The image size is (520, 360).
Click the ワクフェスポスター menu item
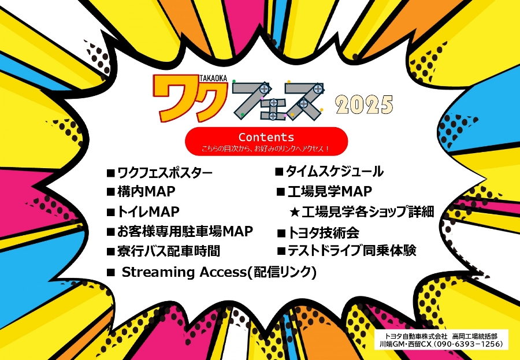point(159,173)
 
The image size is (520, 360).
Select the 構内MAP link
point(141,191)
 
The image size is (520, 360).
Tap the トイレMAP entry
point(143,211)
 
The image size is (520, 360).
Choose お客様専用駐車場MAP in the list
point(180,231)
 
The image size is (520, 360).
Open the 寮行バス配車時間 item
point(164,251)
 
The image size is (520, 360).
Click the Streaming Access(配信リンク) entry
point(211,272)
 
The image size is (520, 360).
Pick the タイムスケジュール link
point(329,172)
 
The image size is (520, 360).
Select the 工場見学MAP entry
point(325,191)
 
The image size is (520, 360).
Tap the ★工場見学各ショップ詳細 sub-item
point(362,211)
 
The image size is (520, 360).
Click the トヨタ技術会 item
point(318,233)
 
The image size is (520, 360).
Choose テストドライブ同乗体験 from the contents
point(347,251)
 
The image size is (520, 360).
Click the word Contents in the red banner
point(266,137)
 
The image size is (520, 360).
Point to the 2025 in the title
point(364,105)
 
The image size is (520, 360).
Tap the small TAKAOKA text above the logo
point(214,79)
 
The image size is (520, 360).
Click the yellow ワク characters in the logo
point(190,98)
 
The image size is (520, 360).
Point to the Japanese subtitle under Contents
point(266,149)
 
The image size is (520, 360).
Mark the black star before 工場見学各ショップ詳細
point(295,212)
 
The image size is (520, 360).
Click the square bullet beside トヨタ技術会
point(281,233)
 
